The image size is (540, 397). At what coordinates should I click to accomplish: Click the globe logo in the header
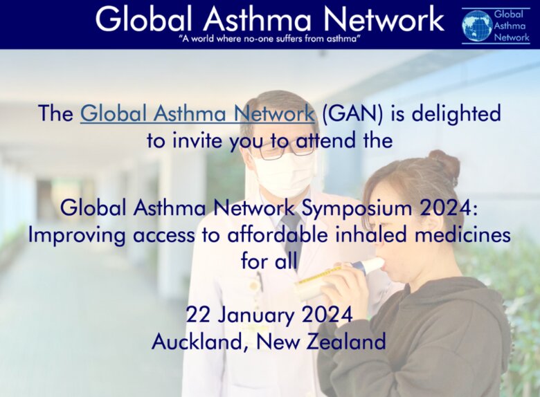[477, 25]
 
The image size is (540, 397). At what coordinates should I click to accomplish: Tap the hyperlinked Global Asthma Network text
[197, 113]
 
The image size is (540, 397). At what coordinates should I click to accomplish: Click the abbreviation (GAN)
[352, 113]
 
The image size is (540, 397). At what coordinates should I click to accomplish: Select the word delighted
[456, 113]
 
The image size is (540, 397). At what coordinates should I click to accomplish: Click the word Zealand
[345, 342]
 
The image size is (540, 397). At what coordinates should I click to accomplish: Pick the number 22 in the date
[198, 315]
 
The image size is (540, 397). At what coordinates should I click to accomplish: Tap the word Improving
[76, 236]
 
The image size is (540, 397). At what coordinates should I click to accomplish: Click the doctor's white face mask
[283, 175]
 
